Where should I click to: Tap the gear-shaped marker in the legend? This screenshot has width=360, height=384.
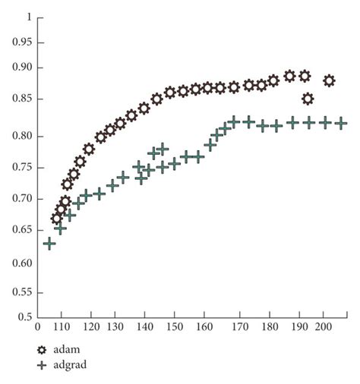43,351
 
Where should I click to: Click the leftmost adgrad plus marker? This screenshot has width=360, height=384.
49,243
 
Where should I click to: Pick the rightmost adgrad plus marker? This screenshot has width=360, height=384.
341,122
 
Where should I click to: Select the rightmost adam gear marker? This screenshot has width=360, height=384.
329,80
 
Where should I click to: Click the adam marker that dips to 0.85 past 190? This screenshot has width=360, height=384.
308,99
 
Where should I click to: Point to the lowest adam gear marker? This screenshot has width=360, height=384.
57,219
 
